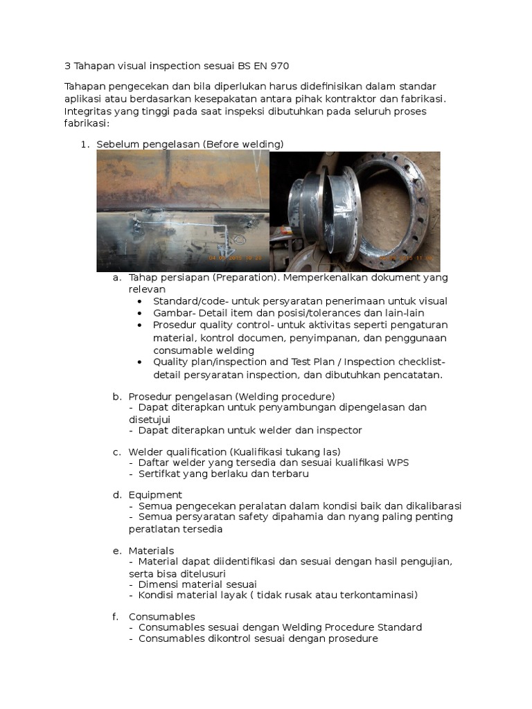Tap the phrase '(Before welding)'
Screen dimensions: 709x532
point(243,144)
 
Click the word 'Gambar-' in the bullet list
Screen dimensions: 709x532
point(170,313)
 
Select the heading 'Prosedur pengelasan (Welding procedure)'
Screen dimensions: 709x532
point(231,397)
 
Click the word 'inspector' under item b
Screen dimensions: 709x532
point(336,430)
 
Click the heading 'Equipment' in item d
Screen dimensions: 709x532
point(155,495)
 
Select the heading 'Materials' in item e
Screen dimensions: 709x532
point(151,550)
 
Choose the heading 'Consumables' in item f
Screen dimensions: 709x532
point(161,616)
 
